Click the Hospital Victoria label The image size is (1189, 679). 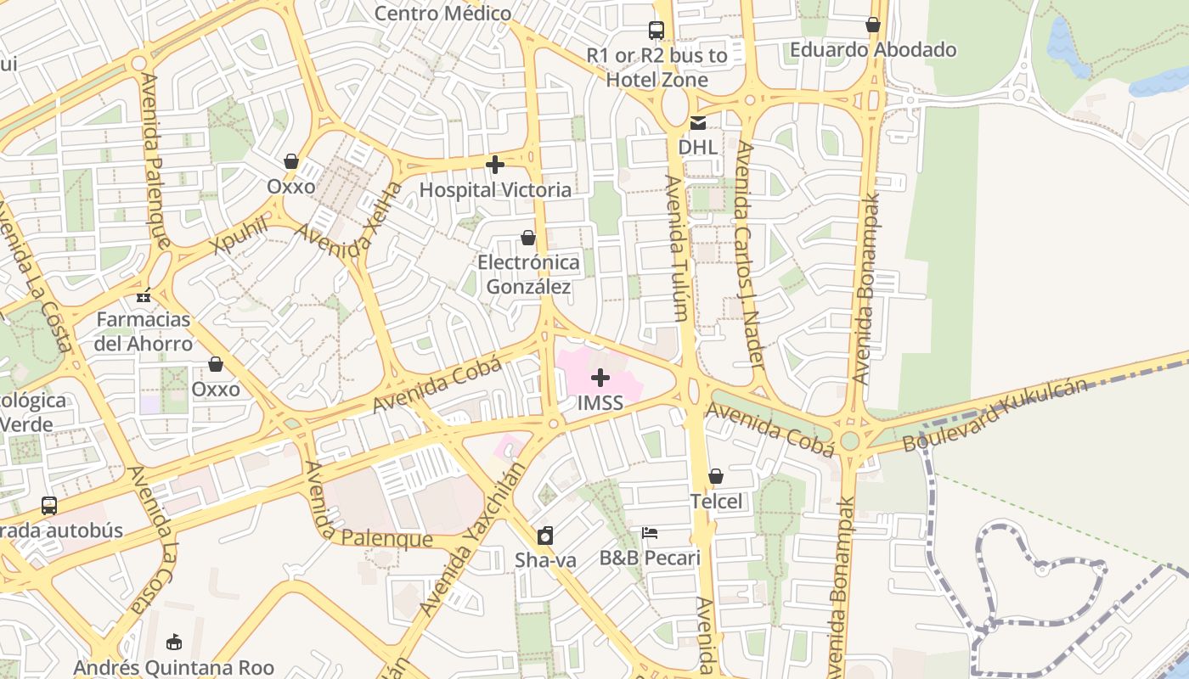(x=495, y=189)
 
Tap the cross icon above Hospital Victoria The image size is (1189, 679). (x=495, y=165)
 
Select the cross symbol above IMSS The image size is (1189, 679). (x=600, y=378)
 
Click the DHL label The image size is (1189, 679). (x=697, y=147)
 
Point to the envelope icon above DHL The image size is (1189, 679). (x=697, y=123)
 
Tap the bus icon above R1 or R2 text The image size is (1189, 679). (x=656, y=31)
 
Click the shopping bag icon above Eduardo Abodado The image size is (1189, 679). (x=873, y=25)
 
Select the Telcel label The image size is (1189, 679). (x=716, y=501)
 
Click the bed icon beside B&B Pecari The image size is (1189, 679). (x=650, y=533)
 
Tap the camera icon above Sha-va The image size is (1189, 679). (x=545, y=536)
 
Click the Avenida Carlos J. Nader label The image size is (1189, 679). (x=750, y=255)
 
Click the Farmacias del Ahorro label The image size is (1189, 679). (x=143, y=332)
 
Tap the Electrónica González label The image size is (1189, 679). (x=528, y=274)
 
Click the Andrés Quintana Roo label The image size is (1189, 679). (x=173, y=667)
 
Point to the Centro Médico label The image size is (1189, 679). (x=442, y=14)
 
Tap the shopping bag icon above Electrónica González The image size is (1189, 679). (x=528, y=238)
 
